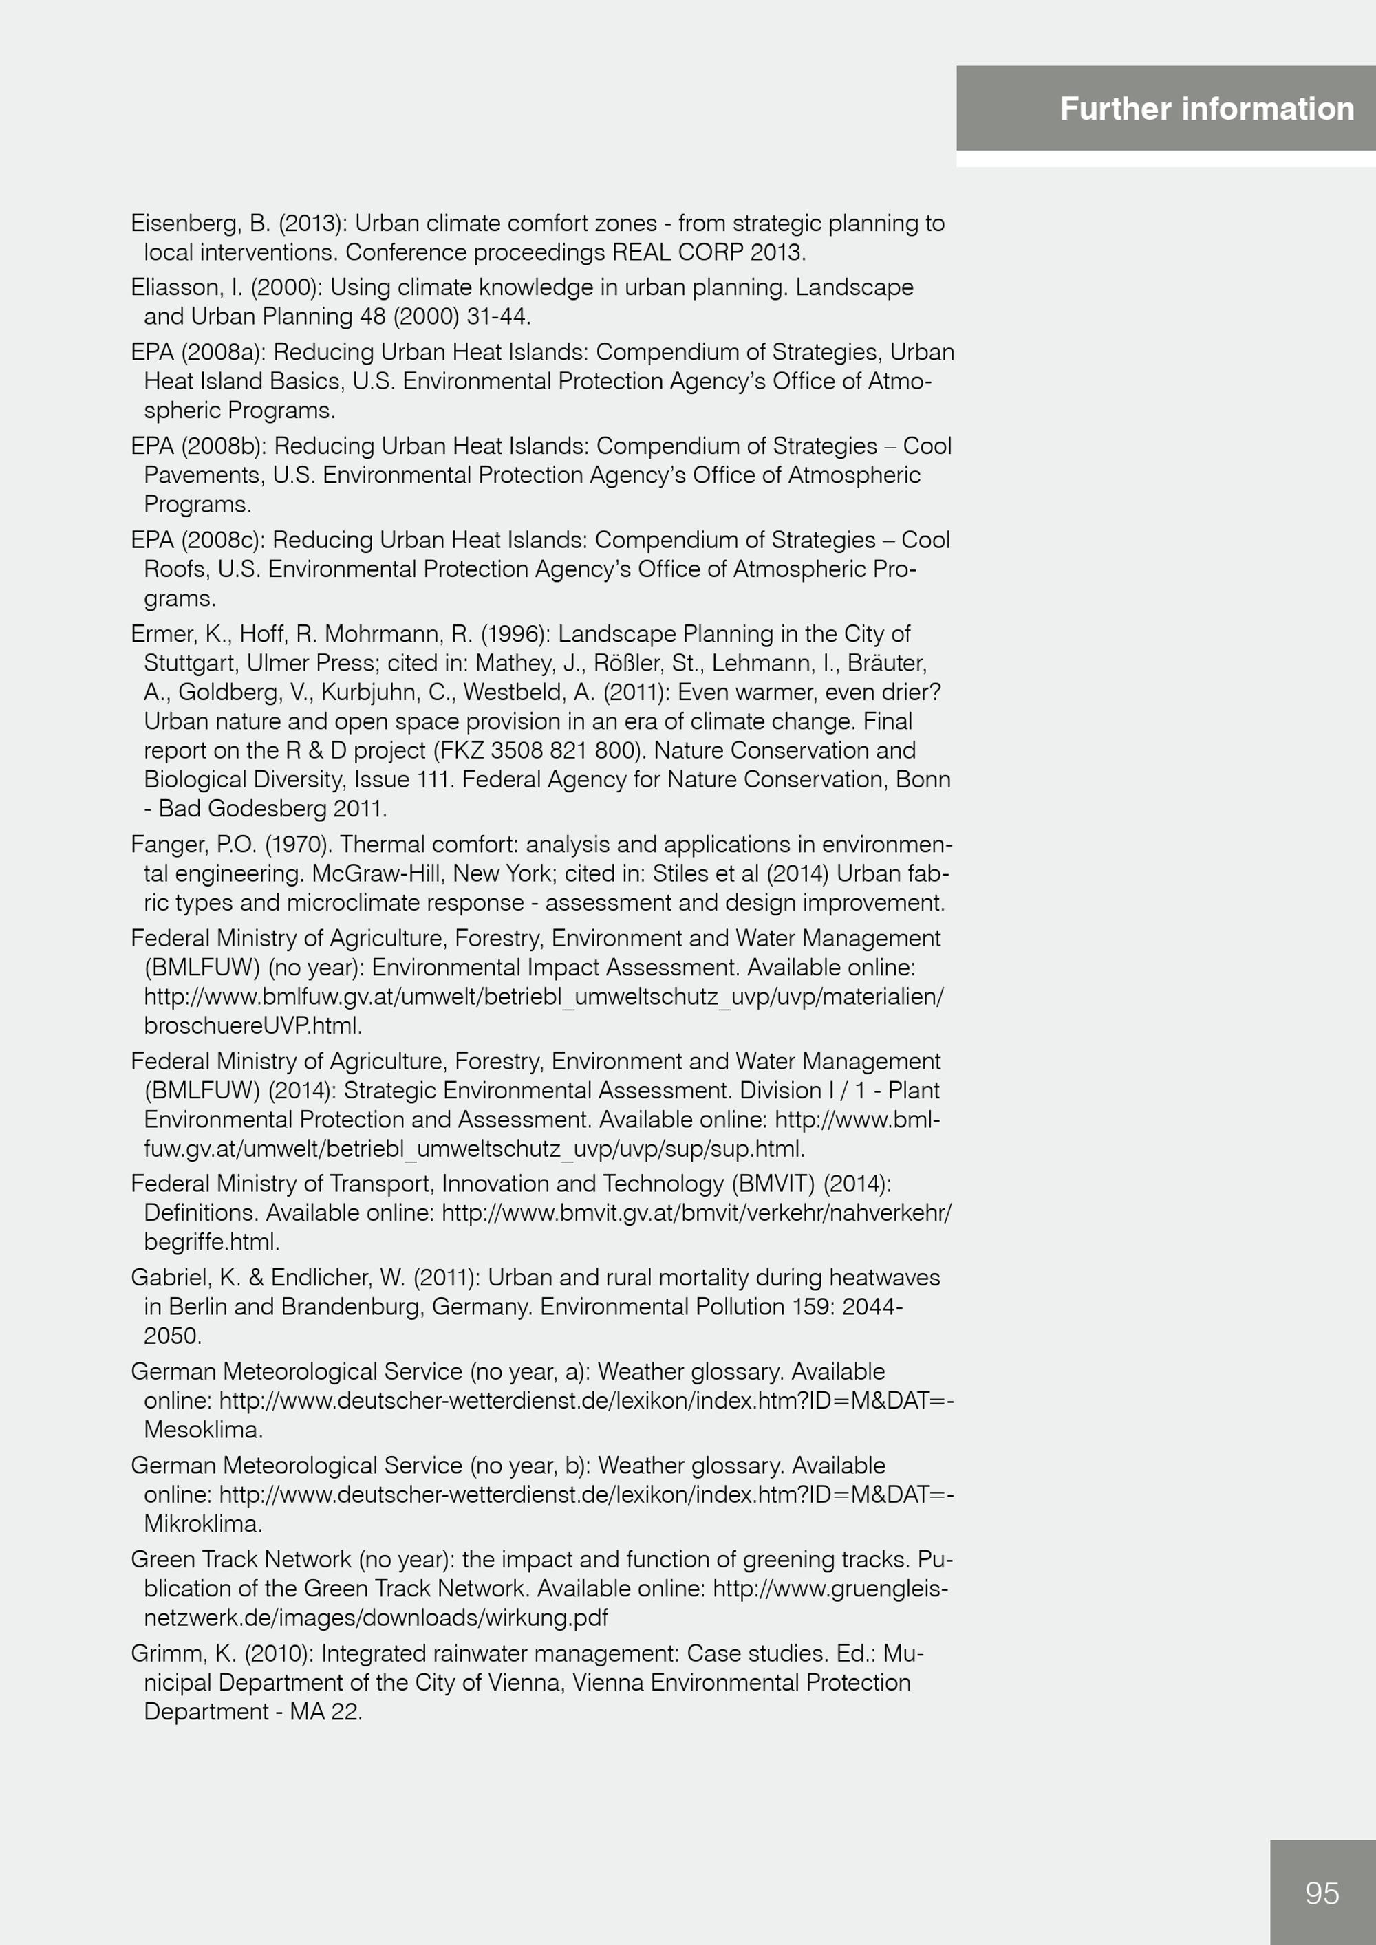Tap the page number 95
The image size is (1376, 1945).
pyautogui.click(x=1322, y=1893)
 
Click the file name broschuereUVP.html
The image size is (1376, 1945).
pyautogui.click(x=252, y=1026)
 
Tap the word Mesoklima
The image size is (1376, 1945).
pyautogui.click(x=202, y=1430)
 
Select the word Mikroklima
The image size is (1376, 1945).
pyautogui.click(x=202, y=1524)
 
